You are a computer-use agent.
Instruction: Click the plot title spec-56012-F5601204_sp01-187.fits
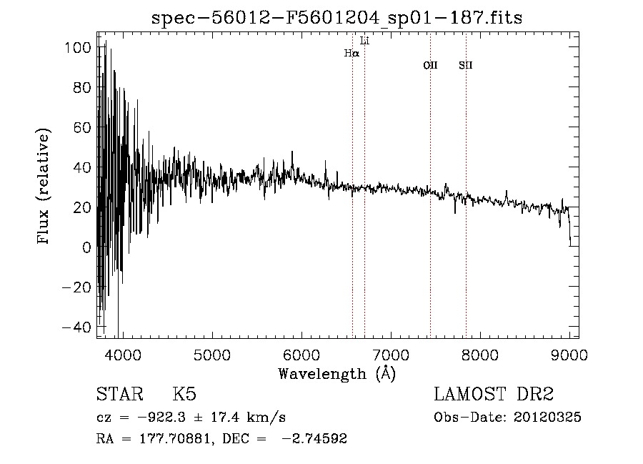point(337,18)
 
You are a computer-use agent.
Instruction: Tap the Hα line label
point(352,53)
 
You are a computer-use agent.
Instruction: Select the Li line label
point(365,41)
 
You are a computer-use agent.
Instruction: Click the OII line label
point(430,66)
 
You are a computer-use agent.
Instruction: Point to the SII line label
point(466,66)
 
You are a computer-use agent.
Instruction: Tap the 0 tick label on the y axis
point(86,247)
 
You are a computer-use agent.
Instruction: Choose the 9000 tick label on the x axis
point(569,355)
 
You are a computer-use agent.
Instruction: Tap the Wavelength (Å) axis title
point(337,373)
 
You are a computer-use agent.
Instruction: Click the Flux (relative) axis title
point(44,187)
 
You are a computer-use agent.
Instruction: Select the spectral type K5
point(185,395)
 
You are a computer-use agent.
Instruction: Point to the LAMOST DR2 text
point(494,395)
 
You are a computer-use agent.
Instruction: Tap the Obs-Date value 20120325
point(547,418)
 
